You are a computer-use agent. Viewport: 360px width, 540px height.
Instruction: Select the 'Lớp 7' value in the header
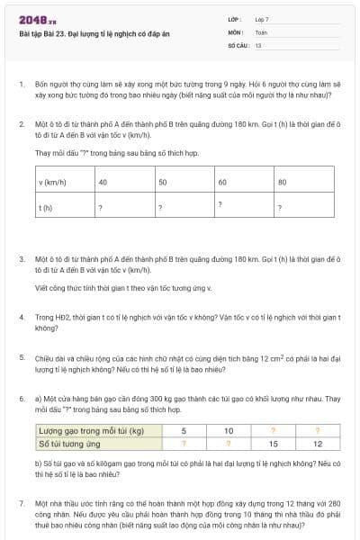tap(262, 19)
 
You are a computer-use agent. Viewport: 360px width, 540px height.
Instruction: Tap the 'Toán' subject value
tap(261, 31)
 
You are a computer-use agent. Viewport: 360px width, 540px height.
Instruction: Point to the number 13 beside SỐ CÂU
tap(258, 44)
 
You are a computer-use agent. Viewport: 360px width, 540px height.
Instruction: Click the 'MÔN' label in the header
tap(236, 31)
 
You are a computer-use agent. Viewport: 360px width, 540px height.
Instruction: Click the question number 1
tap(21, 84)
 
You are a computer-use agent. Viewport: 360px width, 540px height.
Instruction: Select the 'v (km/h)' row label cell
tap(53, 182)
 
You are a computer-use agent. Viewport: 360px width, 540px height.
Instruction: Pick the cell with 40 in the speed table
tap(103, 182)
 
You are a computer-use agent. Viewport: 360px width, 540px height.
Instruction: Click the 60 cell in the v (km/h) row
tap(222, 182)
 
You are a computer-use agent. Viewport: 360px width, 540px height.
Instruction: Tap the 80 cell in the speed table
tap(283, 182)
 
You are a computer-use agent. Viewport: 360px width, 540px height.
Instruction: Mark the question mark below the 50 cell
tap(160, 207)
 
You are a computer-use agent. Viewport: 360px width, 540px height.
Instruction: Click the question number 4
tap(21, 317)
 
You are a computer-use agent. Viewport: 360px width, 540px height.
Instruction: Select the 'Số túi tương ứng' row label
tap(68, 443)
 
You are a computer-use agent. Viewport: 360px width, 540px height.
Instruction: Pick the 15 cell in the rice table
tap(274, 443)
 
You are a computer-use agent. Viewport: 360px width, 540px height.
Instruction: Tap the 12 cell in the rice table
tap(318, 443)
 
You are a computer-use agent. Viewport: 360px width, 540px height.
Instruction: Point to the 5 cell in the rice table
tap(184, 431)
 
